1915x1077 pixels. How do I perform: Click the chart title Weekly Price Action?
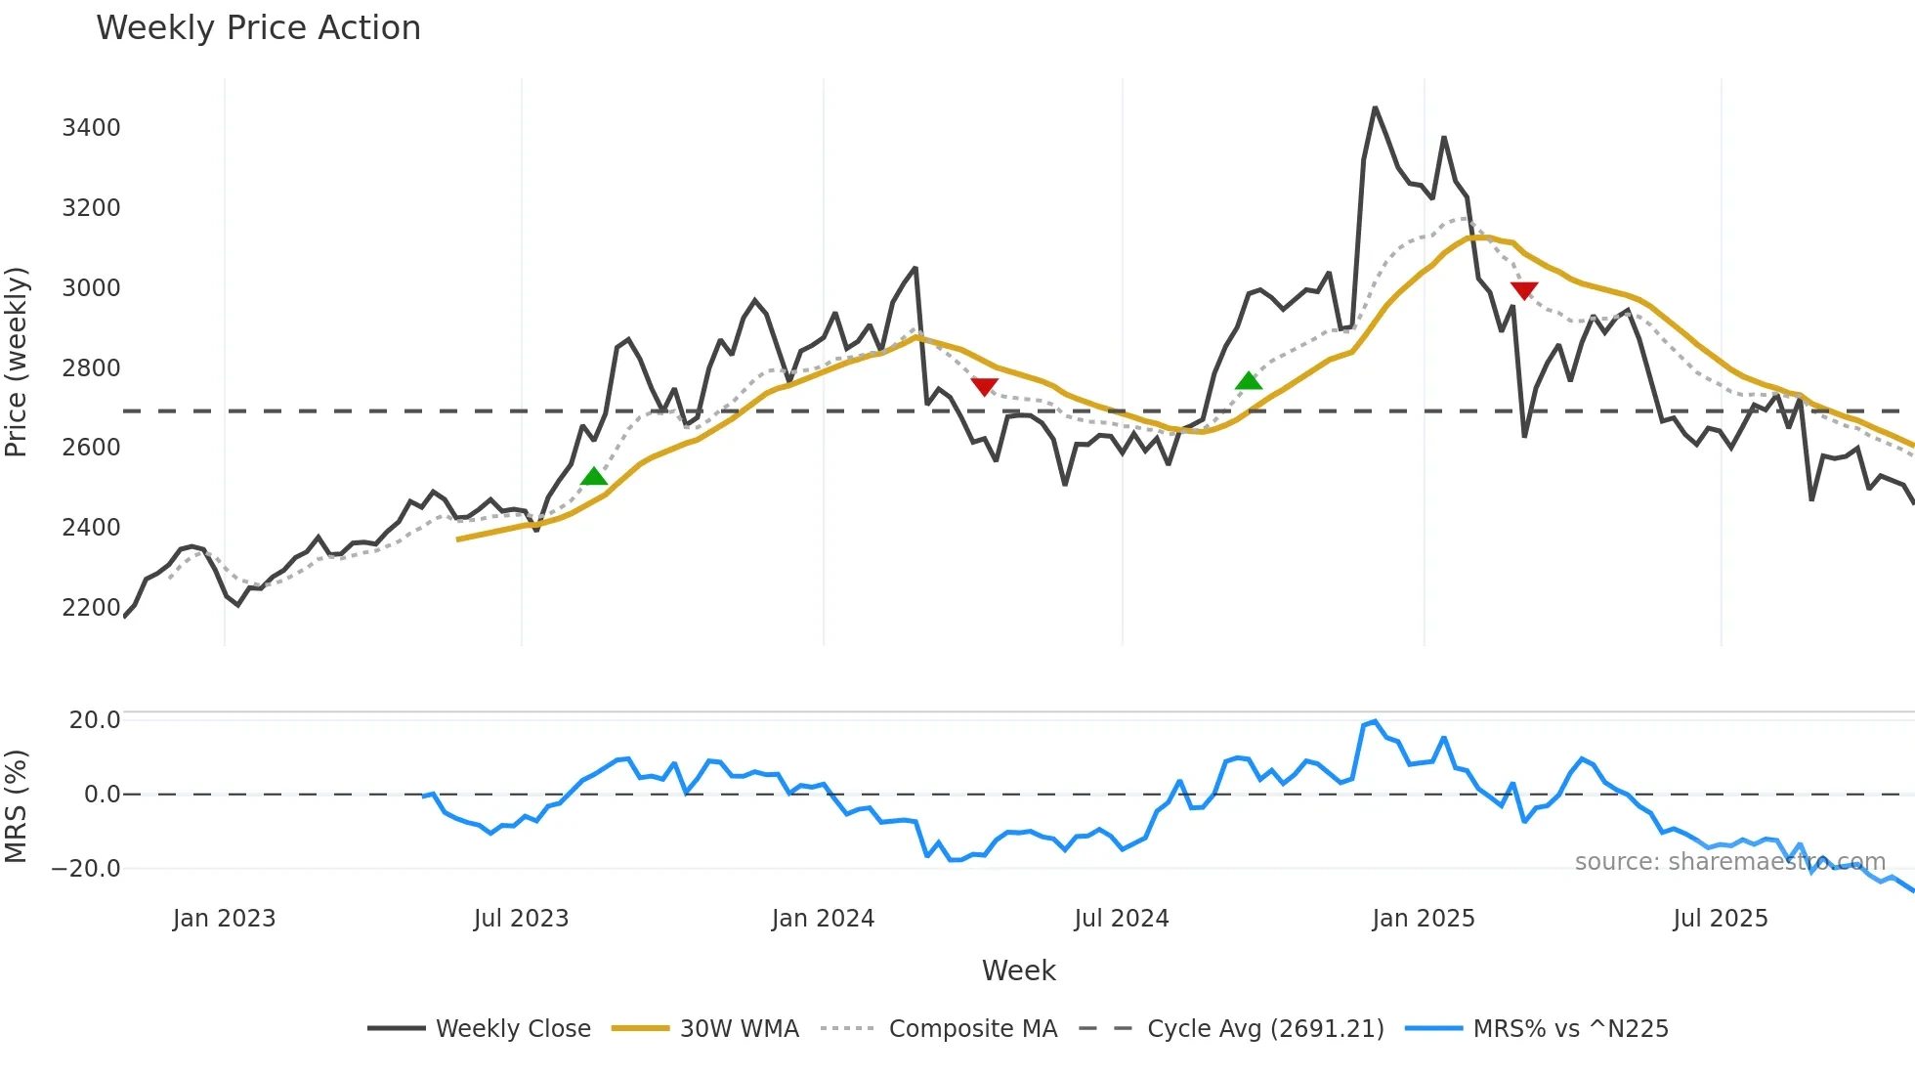pyautogui.click(x=258, y=28)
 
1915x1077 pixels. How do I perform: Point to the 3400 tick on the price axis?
pyautogui.click(x=91, y=128)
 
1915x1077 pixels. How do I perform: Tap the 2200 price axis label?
pyautogui.click(x=91, y=608)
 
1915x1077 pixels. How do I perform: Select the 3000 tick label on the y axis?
pyautogui.click(x=91, y=288)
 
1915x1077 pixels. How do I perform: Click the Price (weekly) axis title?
pyautogui.click(x=17, y=362)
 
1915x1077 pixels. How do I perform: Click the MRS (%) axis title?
pyautogui.click(x=17, y=806)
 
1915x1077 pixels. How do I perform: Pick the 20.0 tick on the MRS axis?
pyautogui.click(x=95, y=720)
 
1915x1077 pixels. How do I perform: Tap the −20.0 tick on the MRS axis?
pyautogui.click(x=86, y=869)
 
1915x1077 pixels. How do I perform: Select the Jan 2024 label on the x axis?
pyautogui.click(x=823, y=919)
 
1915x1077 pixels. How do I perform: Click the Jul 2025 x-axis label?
pyautogui.click(x=1721, y=919)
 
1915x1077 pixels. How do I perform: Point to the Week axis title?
pyautogui.click(x=1018, y=970)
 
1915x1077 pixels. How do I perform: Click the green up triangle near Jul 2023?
pyautogui.click(x=594, y=477)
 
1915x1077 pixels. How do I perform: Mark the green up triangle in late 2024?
pyautogui.click(x=1249, y=381)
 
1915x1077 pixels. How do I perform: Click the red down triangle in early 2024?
pyautogui.click(x=985, y=387)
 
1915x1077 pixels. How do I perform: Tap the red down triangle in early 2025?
pyautogui.click(x=1524, y=290)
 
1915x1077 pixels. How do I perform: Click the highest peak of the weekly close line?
pyautogui.click(x=1375, y=108)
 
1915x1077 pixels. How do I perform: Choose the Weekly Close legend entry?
pyautogui.click(x=480, y=1029)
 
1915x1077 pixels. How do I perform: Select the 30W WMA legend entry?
pyautogui.click(x=705, y=1029)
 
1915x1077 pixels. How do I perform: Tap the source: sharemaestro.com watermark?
pyautogui.click(x=1729, y=862)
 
